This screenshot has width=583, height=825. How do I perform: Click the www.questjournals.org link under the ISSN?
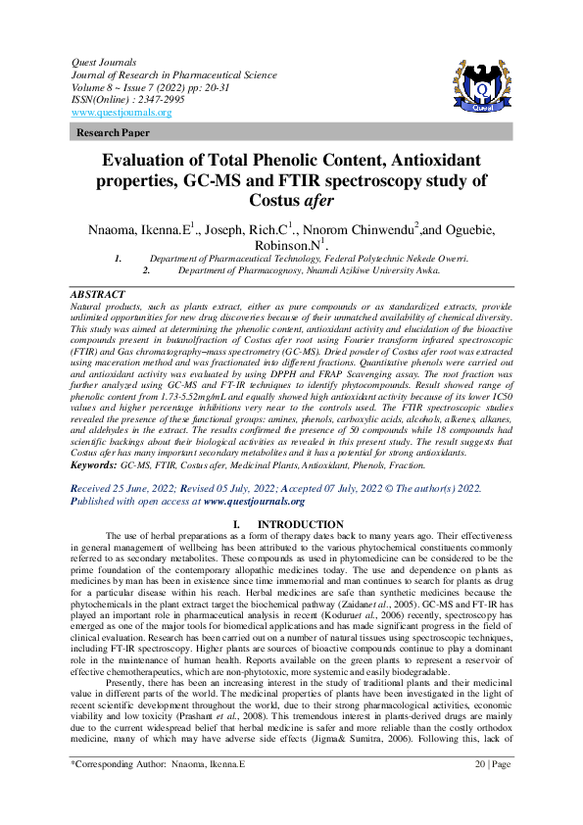point(121,112)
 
